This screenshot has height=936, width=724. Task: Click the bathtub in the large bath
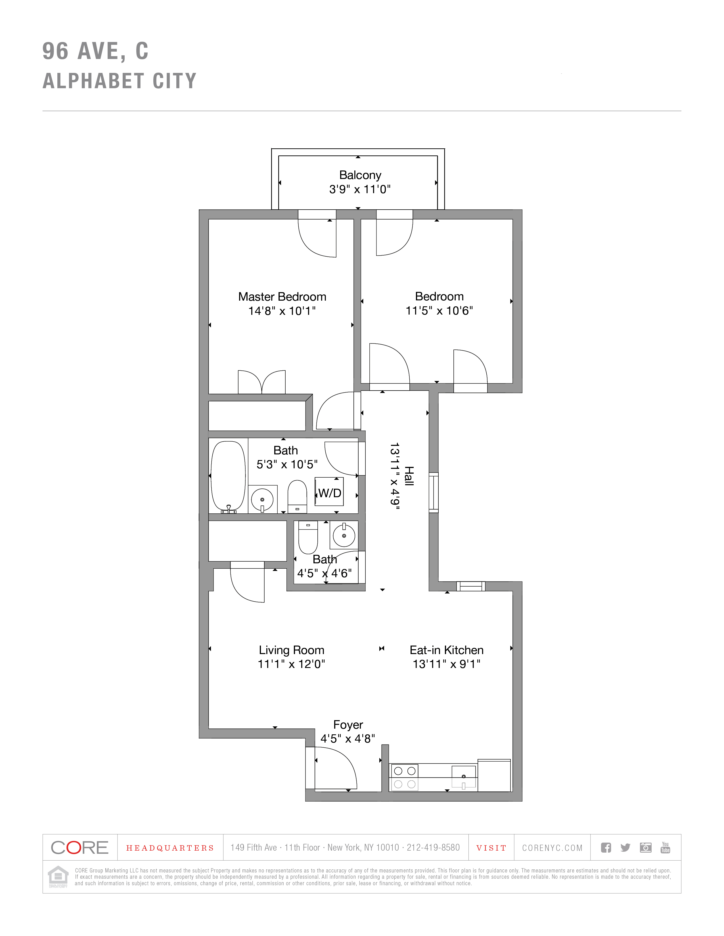(x=228, y=477)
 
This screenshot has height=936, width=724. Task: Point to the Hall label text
(x=409, y=476)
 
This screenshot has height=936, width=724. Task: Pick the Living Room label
(x=291, y=650)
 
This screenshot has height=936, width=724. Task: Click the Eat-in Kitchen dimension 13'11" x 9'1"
(x=446, y=664)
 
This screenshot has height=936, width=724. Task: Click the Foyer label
(x=348, y=725)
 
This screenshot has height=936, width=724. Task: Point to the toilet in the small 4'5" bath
(x=308, y=537)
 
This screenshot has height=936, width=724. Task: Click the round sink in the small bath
(x=344, y=535)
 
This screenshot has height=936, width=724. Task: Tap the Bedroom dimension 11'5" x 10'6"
(x=439, y=311)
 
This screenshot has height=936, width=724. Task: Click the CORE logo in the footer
(x=80, y=847)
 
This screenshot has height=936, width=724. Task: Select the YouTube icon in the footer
(x=665, y=847)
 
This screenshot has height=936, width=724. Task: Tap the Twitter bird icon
(x=625, y=847)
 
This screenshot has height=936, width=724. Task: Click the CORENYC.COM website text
(x=552, y=848)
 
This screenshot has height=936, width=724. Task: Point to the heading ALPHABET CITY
(x=120, y=81)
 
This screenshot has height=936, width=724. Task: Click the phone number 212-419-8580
(x=433, y=847)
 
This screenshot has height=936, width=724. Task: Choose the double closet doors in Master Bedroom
(x=262, y=382)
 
